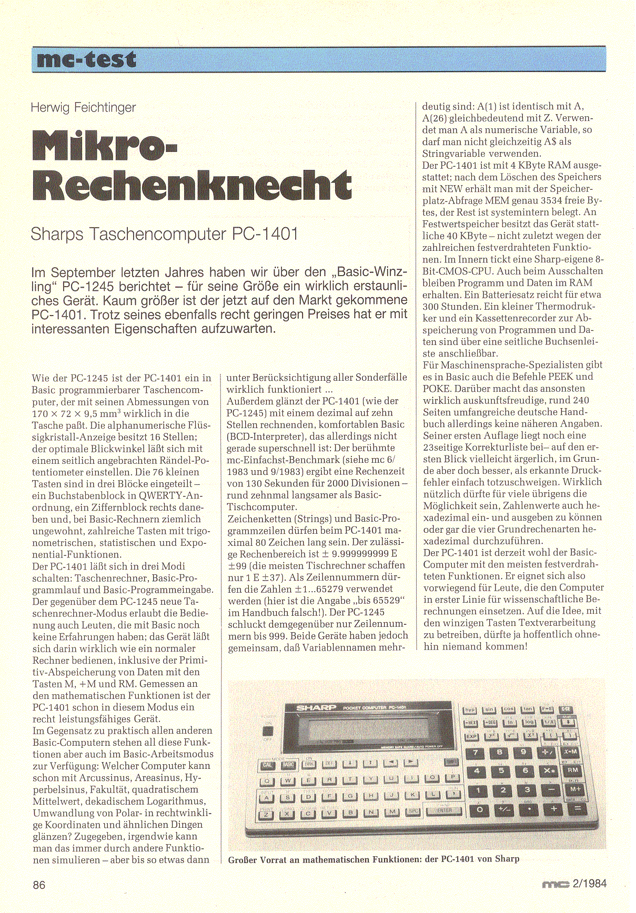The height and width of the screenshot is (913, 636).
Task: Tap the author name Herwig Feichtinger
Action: tap(83, 108)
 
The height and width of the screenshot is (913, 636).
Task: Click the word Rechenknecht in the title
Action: tap(193, 185)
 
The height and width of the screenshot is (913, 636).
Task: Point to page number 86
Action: tap(39, 885)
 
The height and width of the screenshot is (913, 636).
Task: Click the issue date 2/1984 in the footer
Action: tap(589, 884)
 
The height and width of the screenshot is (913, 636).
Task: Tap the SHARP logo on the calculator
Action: tap(316, 708)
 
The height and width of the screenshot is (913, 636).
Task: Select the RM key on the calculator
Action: tap(572, 770)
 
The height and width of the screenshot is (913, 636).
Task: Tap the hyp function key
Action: tap(469, 711)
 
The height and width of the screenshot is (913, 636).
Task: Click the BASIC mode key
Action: tap(288, 765)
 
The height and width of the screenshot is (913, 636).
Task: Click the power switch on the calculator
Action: tap(268, 731)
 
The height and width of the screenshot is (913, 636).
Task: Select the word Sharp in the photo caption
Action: tap(507, 859)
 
